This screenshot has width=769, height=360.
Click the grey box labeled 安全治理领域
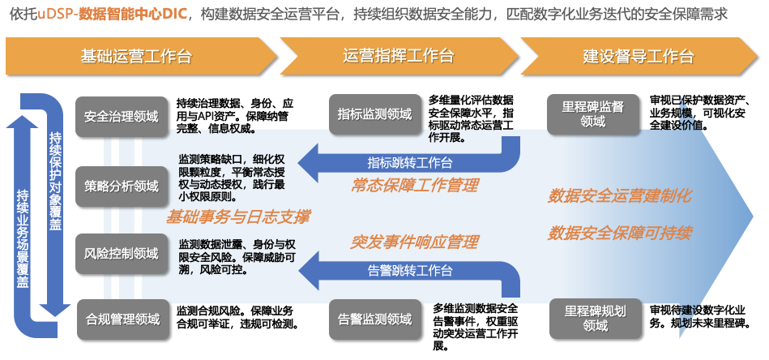[122, 116]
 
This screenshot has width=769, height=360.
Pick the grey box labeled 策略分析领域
[122, 186]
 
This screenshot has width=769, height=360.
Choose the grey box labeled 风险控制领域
[122, 254]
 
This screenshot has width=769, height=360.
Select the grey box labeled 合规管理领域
[122, 319]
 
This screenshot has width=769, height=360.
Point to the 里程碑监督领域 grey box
[593, 114]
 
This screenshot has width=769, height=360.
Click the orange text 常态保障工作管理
[415, 186]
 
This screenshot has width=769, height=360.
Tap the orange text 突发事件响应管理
[415, 242]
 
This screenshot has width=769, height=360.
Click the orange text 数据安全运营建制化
[620, 195]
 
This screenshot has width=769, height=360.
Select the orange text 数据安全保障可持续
[620, 234]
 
